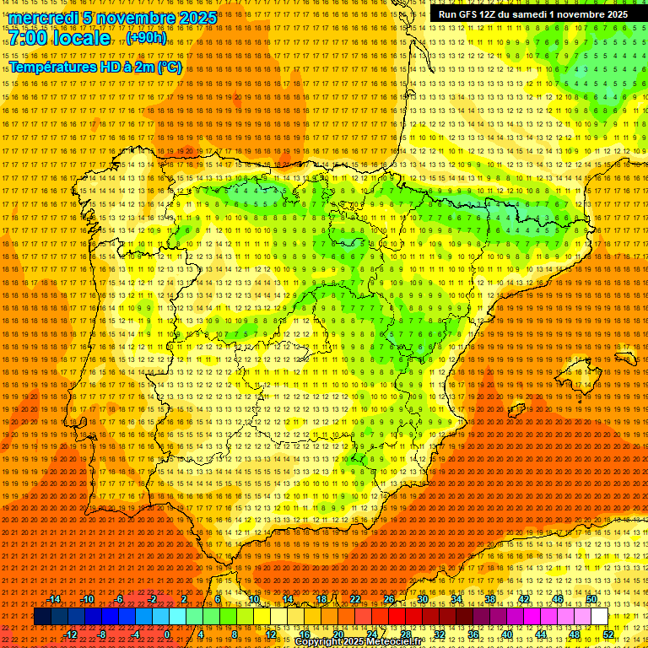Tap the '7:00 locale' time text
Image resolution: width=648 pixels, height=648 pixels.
[59, 38]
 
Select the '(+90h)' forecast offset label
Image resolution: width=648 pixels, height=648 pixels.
[146, 38]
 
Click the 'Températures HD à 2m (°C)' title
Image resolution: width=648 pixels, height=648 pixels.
[95, 67]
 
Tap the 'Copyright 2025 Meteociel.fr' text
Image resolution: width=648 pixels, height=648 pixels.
[358, 641]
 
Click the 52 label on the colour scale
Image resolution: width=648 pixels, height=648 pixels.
[608, 634]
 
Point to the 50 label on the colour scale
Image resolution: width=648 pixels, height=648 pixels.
[591, 599]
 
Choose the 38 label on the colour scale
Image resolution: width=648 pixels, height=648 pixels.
[490, 599]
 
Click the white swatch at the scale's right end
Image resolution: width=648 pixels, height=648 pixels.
[600, 617]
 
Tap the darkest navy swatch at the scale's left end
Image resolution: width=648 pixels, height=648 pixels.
[42, 617]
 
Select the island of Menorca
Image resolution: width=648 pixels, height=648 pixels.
[626, 357]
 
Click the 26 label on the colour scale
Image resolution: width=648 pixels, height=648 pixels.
[389, 599]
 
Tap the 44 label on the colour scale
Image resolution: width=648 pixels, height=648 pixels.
[541, 634]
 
